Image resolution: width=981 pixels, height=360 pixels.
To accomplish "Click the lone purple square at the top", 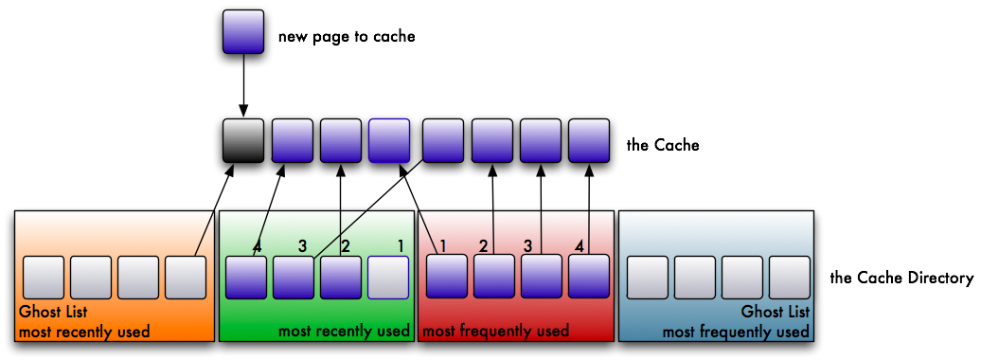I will pos(243,31).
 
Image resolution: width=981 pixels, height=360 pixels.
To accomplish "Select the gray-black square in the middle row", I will pos(243,140).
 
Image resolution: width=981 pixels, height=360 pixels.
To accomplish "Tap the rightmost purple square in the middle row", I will pos(588,140).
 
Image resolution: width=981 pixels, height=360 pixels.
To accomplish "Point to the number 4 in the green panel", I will pos(257,246).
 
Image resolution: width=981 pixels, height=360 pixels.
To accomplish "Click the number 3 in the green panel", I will pos(302,246).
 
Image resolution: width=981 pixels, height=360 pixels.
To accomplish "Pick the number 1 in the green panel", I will pos(401,246).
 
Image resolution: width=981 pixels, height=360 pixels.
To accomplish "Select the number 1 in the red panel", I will pos(442,246).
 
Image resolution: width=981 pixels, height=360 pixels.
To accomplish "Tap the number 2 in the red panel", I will pos(483,246).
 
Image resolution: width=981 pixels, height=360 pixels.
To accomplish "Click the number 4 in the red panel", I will pos(579,246).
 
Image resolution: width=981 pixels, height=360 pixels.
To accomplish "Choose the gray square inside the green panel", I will pos(388,278).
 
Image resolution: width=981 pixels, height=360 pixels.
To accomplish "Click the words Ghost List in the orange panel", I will pos(53,312).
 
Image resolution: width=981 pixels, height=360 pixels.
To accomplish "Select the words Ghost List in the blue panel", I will pos(775,312).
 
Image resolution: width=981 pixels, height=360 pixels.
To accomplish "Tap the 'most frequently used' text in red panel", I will pos(495,331).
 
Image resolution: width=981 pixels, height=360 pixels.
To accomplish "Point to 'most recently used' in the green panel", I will pos(344,331).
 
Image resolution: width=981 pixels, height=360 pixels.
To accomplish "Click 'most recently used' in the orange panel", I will pos(83,332).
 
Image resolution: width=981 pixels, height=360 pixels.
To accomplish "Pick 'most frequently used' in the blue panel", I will pos(736,332).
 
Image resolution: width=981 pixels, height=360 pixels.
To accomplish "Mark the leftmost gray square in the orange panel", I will pos(44,278).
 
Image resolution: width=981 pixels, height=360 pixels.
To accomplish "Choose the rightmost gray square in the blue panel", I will pos(790,278).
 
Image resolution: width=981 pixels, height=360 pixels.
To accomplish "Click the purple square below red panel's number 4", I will pos(588,278).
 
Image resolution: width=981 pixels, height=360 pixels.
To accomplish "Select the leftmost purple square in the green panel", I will pos(246,278).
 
